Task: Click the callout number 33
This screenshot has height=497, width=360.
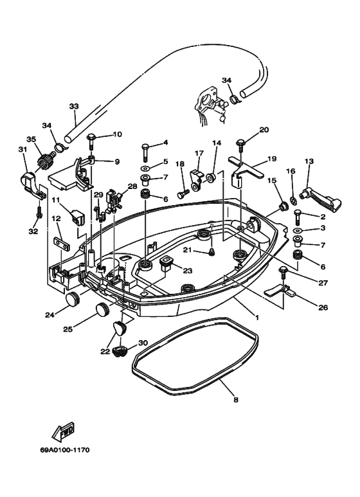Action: pos(74,106)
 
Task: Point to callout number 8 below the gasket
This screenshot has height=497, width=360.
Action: pos(235,400)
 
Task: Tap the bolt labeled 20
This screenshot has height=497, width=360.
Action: pos(241,143)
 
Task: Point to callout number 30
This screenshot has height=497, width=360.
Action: pos(143,343)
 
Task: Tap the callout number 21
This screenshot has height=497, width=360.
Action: pos(187,249)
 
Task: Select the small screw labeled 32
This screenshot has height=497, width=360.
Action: pos(39,210)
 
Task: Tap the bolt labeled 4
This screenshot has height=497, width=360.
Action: pos(145,153)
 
